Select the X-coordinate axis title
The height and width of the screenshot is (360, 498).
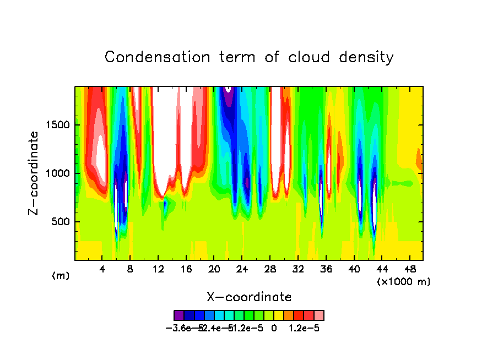[249, 297]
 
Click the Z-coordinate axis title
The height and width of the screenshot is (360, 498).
[34, 173]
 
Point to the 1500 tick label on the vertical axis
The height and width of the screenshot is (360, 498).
[57, 125]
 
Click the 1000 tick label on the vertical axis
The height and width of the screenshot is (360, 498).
[57, 173]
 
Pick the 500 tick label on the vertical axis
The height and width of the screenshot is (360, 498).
[60, 222]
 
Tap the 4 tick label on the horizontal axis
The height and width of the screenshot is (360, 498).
[102, 269]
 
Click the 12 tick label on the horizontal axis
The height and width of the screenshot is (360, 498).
[158, 269]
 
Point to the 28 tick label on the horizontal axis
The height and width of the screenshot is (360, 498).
[270, 269]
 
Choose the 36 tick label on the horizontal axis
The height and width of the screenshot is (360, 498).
[326, 269]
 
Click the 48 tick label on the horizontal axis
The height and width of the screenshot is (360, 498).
[409, 269]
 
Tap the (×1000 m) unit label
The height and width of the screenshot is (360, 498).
[404, 281]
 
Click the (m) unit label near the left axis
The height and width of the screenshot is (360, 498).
[61, 276]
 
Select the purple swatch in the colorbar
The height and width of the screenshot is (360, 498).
[178, 315]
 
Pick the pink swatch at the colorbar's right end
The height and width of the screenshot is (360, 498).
[319, 315]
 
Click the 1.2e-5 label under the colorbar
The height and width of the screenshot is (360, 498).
[304, 328]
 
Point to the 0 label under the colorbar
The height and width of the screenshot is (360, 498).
[274, 328]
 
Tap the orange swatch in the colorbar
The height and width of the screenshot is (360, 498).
[289, 315]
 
